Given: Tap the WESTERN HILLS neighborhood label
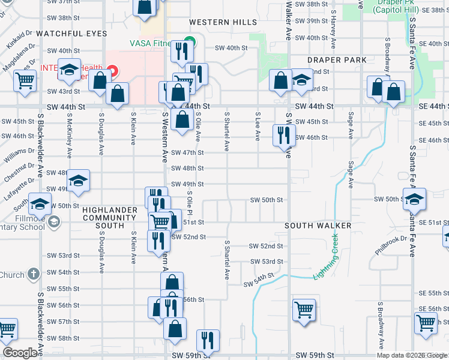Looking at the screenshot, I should tap(223, 22).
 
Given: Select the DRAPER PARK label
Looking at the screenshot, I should tap(337, 60).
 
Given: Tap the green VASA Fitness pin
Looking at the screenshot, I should tap(189, 41).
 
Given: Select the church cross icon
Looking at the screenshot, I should tap(33, 275).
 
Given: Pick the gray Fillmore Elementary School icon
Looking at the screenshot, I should tap(53, 223).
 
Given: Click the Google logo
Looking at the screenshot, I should tap(20, 353).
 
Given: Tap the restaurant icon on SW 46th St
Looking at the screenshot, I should tap(283, 134).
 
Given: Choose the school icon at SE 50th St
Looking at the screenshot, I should tap(414, 199).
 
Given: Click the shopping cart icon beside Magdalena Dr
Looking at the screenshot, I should tap(24, 80).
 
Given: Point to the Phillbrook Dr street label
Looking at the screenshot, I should tap(391, 244).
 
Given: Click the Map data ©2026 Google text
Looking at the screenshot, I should tap(412, 355).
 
